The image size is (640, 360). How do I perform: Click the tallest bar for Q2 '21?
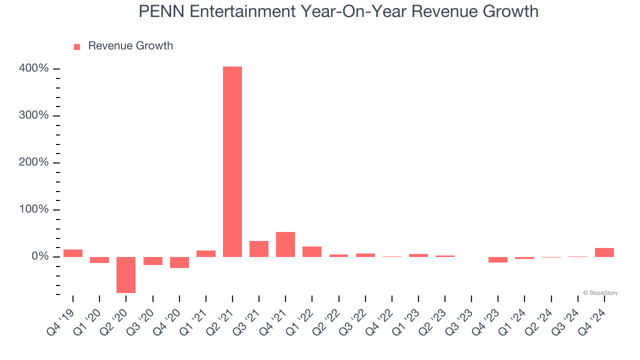click(232, 161)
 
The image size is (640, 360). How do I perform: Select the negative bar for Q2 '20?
click(126, 274)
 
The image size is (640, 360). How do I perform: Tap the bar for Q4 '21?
click(285, 244)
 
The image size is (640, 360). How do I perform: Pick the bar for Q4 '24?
click(604, 252)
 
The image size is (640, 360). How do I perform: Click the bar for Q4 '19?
click(73, 253)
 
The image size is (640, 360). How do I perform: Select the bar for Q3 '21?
click(259, 249)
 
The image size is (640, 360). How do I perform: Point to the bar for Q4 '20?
click(179, 262)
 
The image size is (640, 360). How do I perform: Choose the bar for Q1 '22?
click(312, 251)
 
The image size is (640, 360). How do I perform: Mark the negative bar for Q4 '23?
click(498, 259)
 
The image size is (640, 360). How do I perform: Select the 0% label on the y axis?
click(39, 256)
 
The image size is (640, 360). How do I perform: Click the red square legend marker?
click(77, 47)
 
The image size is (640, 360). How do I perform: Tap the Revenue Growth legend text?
click(130, 46)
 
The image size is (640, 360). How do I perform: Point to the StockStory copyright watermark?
click(600, 293)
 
